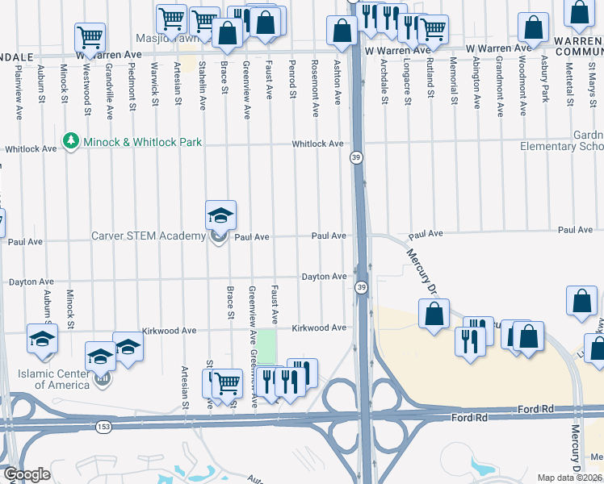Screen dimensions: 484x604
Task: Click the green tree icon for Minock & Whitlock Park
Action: coord(73,141)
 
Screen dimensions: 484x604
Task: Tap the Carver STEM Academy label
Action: coord(149,236)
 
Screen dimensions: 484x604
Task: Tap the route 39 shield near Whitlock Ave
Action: coord(355,158)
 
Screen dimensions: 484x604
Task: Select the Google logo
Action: coord(27,474)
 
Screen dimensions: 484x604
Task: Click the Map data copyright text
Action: coord(570,478)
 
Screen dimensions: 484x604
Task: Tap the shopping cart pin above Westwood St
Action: coord(90,37)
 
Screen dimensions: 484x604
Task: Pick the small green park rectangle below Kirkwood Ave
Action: coord(266,347)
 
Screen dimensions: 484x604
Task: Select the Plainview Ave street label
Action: coord(17,90)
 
